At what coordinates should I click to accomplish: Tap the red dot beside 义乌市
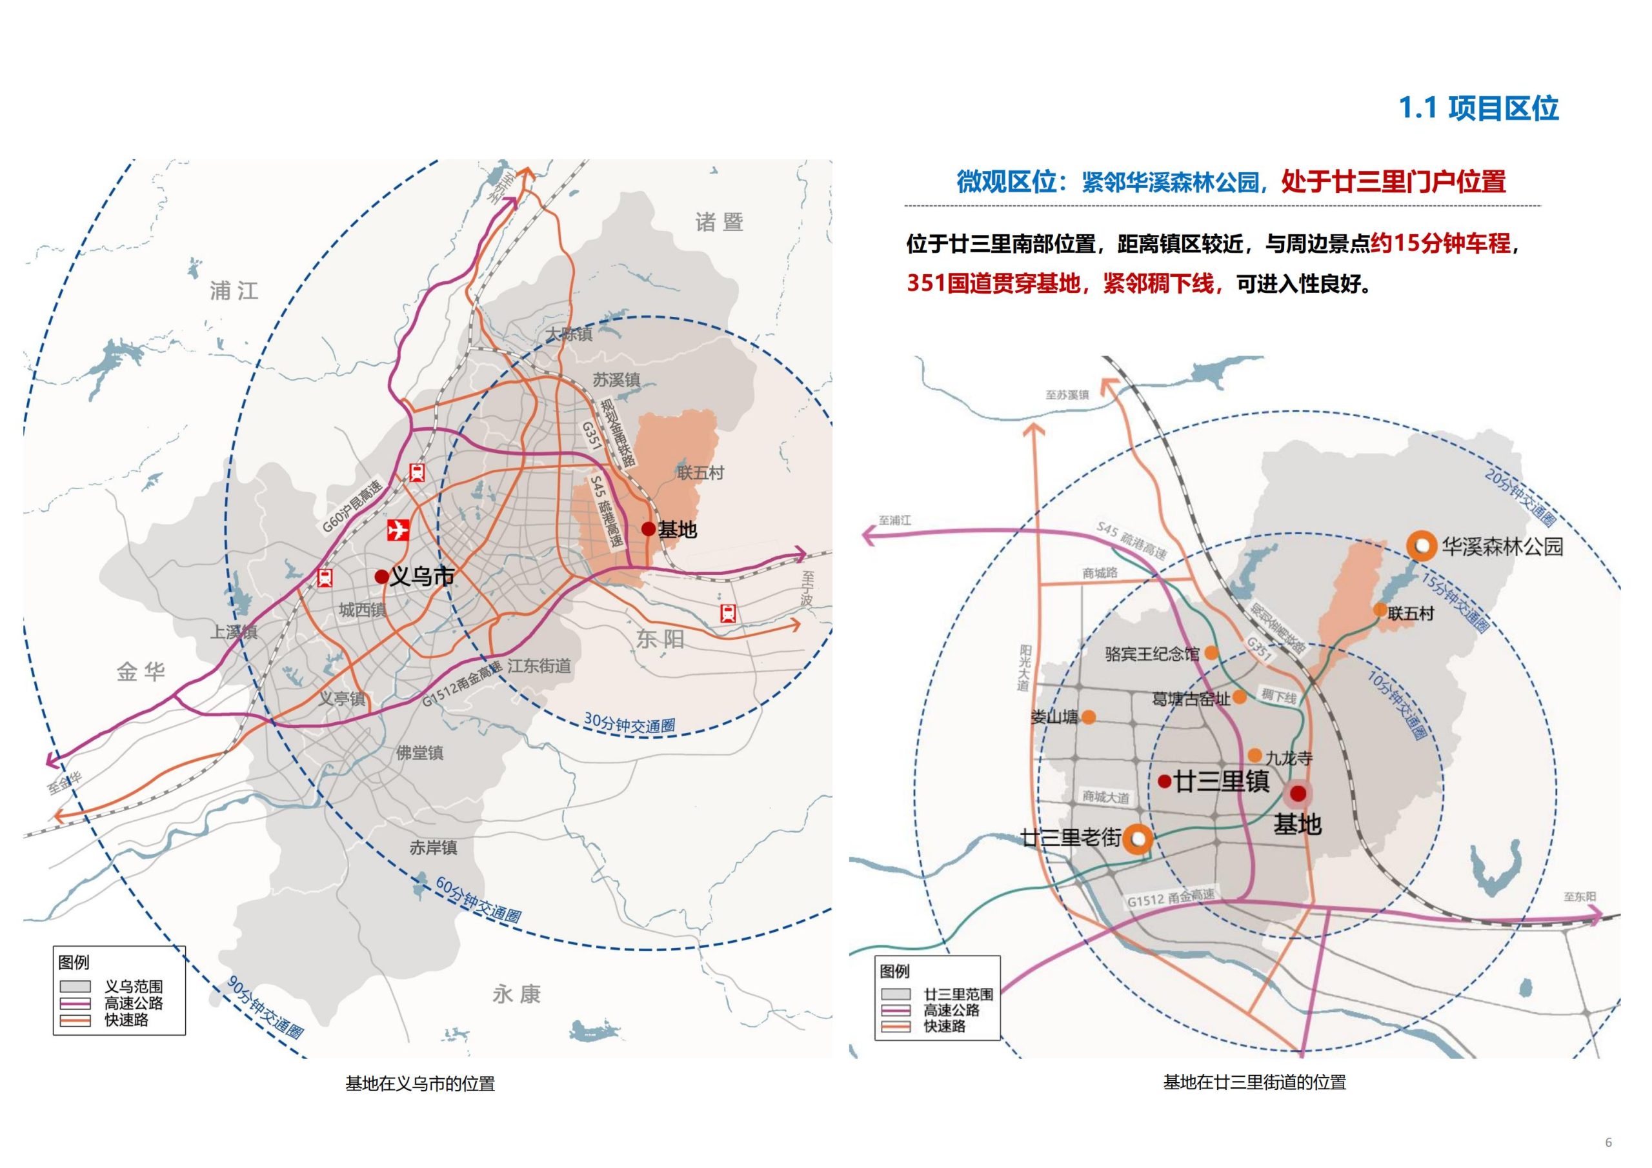381,576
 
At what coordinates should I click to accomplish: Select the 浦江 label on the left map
234,291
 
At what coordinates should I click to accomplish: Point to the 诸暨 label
719,221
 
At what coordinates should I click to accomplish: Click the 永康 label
516,994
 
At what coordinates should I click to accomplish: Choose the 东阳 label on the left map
660,638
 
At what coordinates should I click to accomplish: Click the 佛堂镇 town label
419,753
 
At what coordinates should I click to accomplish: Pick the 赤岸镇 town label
433,848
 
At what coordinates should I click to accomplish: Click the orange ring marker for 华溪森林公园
1421,546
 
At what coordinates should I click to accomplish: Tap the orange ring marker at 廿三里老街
1138,838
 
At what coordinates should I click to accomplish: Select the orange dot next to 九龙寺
1255,756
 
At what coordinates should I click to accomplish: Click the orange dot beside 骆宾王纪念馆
1212,653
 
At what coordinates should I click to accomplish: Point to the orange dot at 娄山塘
1089,717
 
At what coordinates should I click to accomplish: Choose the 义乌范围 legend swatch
75,986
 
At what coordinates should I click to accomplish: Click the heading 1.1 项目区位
1478,108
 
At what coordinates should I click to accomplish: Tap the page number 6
1609,1143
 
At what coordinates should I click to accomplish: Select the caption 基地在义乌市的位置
420,1084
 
